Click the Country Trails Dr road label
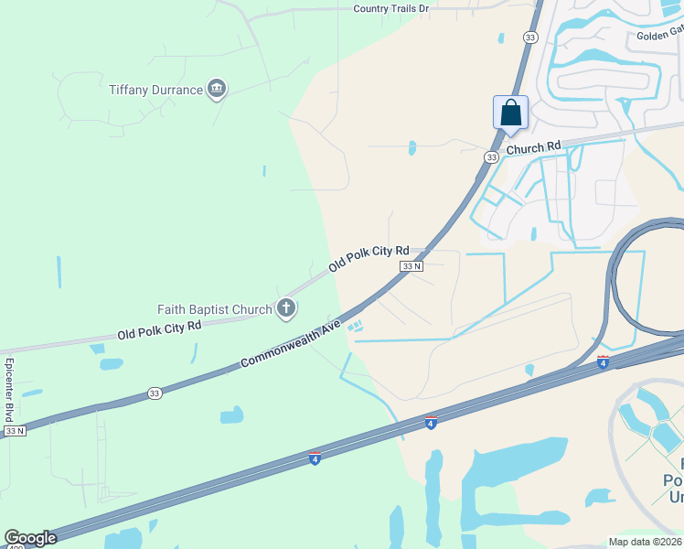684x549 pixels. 391,8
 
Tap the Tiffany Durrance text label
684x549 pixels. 155,90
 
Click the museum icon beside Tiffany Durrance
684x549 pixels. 217,89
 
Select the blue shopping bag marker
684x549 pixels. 510,113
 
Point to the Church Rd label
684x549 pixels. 533,147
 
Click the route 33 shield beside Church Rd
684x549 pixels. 492,157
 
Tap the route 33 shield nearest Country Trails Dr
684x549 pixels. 530,37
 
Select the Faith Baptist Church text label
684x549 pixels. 215,309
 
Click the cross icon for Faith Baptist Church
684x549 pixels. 286,308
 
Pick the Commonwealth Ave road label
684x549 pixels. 291,344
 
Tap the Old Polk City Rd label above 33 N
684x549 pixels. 369,258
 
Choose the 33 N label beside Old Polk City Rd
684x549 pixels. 411,266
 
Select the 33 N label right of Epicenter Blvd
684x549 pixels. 15,430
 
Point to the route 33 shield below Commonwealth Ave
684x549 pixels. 155,394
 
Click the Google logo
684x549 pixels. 30,538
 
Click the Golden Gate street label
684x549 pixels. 660,37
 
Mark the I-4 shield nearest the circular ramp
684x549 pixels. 603,363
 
